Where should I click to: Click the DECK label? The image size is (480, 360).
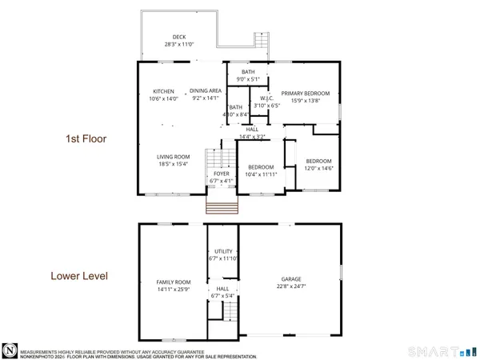coord(179,37)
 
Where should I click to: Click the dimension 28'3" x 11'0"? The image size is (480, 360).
coord(179,45)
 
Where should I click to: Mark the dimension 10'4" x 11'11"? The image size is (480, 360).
coord(261,174)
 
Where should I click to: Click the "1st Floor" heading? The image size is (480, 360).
coord(86,139)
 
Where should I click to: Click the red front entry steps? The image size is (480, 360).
coord(223,208)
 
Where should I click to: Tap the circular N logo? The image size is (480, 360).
coord(10,349)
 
